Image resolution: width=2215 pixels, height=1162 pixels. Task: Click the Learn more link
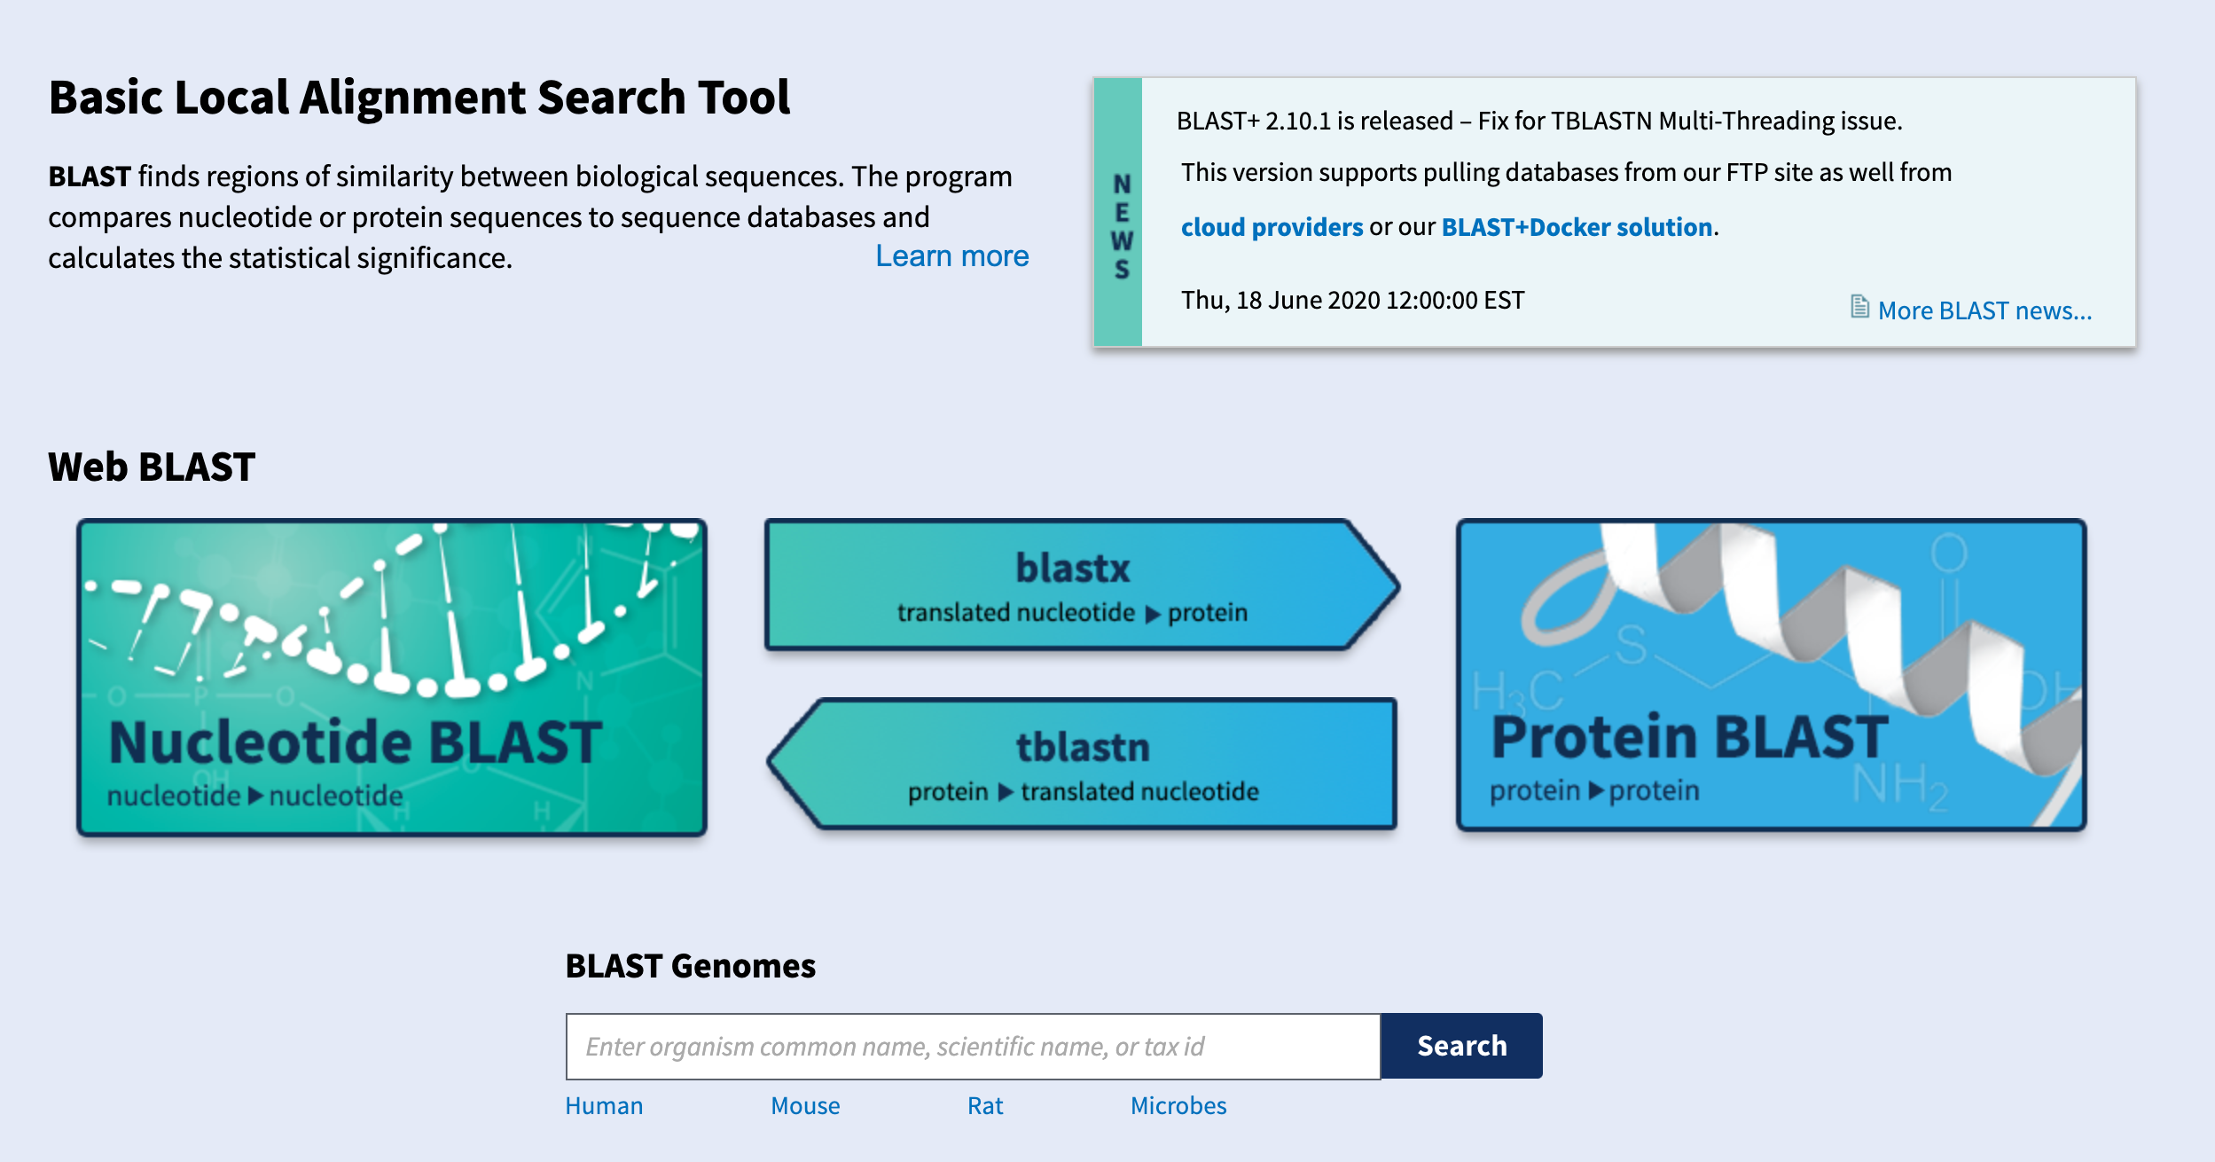[951, 256]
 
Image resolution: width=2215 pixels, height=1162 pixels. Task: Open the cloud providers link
[1271, 227]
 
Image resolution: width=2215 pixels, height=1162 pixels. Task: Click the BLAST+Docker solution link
[1576, 227]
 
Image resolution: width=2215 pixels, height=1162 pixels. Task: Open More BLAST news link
[1984, 310]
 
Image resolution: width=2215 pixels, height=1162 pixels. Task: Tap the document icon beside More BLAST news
[1859, 307]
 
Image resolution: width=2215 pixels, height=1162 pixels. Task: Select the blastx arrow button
[1073, 585]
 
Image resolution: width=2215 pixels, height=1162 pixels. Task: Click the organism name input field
[972, 1047]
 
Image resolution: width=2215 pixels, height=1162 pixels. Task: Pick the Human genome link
[604, 1106]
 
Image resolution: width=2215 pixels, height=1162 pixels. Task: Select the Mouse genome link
[804, 1106]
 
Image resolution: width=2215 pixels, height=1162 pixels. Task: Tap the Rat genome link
[984, 1106]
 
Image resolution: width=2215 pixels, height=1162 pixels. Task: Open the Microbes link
[1178, 1106]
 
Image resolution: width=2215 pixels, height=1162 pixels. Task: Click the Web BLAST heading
[152, 467]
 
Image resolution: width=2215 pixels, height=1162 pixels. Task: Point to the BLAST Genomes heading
[690, 966]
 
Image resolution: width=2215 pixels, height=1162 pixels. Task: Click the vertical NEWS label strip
[1120, 213]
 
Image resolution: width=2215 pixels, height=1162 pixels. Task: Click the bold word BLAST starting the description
[90, 177]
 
